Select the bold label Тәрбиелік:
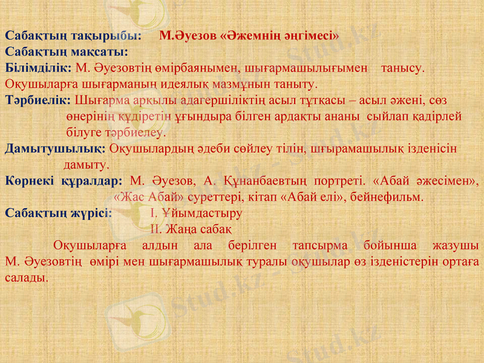pos(38,100)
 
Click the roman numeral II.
pos(154,229)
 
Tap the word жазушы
pos(458,246)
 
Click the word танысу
pos(403,67)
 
